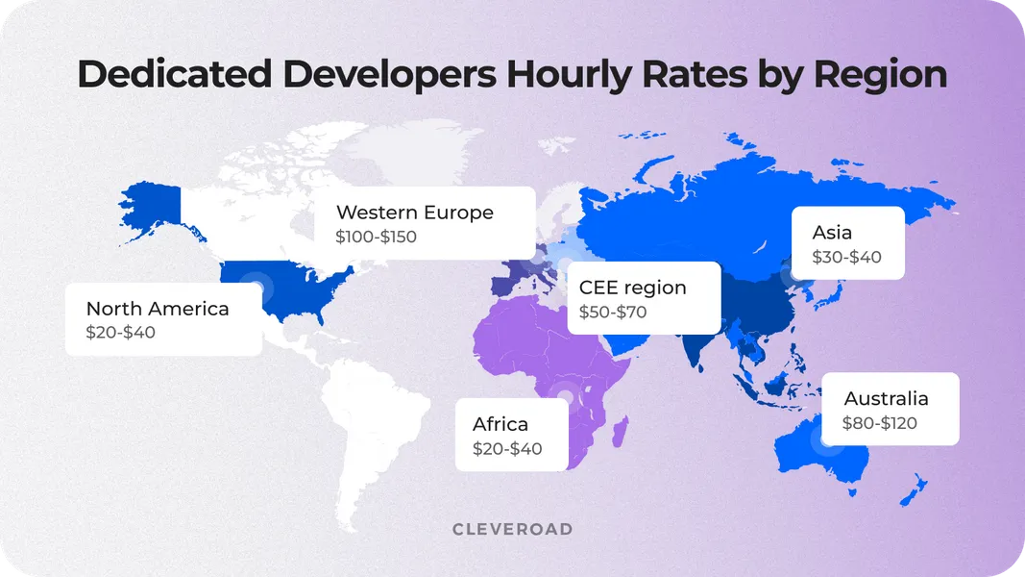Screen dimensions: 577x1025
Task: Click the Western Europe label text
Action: (x=414, y=213)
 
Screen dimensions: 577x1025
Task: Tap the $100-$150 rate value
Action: (x=377, y=237)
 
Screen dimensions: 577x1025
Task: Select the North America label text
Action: (x=158, y=309)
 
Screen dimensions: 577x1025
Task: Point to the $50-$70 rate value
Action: (x=613, y=313)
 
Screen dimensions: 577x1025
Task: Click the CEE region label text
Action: (x=632, y=288)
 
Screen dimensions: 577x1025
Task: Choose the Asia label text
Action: (x=832, y=233)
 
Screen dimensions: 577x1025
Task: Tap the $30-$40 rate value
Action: (x=846, y=258)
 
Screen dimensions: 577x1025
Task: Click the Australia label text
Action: (x=886, y=398)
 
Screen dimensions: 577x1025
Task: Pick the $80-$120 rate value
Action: (x=880, y=423)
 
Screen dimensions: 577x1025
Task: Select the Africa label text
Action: (x=500, y=424)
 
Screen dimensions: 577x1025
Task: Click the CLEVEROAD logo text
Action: (x=512, y=529)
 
